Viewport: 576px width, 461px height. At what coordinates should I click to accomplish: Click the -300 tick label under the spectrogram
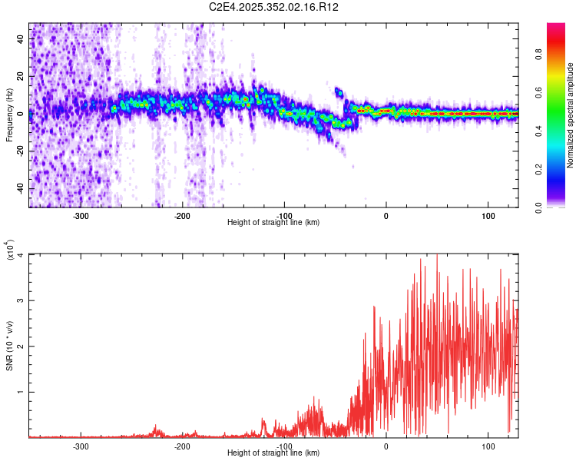(x=81, y=216)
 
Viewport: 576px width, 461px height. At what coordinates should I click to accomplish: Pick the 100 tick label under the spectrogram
(x=488, y=216)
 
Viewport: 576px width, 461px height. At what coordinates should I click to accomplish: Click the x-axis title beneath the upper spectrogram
(x=273, y=223)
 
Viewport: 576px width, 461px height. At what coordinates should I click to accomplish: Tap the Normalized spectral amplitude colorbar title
(x=570, y=115)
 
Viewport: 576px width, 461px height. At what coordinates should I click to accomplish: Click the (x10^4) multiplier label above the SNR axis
(x=9, y=250)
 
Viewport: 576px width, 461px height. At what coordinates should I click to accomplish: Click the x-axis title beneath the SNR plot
(x=273, y=453)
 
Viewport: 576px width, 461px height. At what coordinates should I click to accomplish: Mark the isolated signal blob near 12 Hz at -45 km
(x=339, y=92)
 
